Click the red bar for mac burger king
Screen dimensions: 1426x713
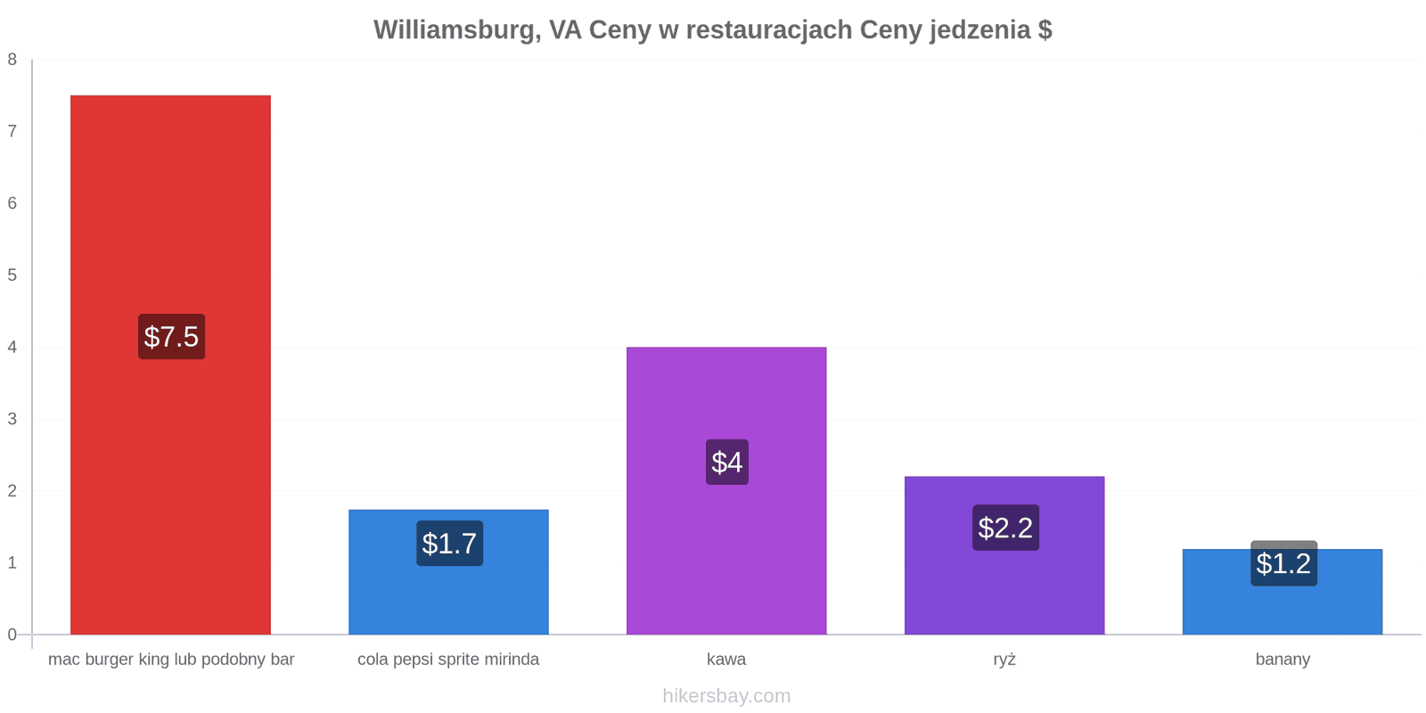[x=170, y=365]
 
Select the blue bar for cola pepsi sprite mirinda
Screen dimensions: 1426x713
[x=449, y=572]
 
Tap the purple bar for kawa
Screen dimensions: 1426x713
[x=726, y=491]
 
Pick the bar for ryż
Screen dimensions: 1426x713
[x=1004, y=556]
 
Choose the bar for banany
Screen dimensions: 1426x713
[x=1283, y=592]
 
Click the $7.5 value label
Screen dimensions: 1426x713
[x=171, y=337]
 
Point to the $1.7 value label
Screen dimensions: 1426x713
[x=449, y=544]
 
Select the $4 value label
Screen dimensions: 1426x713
[x=727, y=463]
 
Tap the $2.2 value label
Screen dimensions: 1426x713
[x=1006, y=528]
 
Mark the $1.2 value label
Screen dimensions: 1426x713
[x=1284, y=563]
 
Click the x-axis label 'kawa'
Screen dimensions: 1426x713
[x=726, y=660]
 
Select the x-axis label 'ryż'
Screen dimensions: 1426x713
[x=1004, y=660]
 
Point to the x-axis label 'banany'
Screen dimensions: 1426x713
[x=1283, y=660]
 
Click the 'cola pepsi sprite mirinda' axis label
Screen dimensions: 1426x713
[x=448, y=660]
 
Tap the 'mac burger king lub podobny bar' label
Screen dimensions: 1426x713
[x=171, y=660]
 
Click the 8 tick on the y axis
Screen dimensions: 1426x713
[x=12, y=60]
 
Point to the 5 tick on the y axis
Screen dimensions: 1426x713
[x=12, y=275]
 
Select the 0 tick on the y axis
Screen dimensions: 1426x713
[x=12, y=635]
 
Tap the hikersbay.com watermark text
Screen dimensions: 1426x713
[x=726, y=696]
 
